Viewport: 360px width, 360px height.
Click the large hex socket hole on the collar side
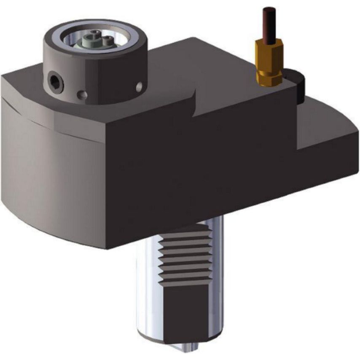pyautogui.click(x=55, y=81)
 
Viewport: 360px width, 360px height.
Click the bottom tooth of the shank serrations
pyautogui.click(x=185, y=280)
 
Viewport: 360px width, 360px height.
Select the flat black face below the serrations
pyautogui.click(x=185, y=312)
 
